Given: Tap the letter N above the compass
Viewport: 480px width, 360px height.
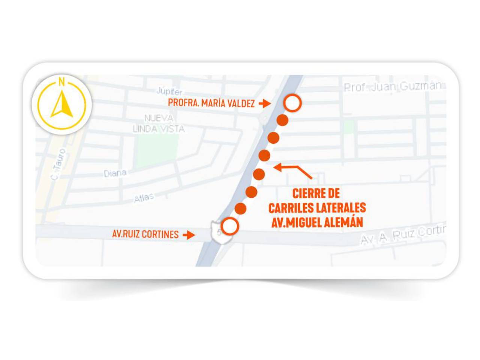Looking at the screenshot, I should point(61,82).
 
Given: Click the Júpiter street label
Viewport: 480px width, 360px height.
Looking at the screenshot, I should point(169,91).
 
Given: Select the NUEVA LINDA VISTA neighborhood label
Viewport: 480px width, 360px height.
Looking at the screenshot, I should point(159,124).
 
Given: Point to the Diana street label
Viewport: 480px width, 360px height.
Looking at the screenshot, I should point(115,173).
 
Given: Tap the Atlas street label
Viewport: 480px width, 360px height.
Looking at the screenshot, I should point(144,198).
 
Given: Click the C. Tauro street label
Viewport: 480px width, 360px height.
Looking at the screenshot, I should point(58,164).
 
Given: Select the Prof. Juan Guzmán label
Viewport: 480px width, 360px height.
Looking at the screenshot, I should point(393,87).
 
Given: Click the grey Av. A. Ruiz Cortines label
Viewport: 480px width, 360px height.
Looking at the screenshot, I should point(403,235).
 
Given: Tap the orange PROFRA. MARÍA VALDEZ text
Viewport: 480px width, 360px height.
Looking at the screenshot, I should point(211,103).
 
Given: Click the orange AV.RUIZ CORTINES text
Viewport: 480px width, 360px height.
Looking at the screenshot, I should point(145,234).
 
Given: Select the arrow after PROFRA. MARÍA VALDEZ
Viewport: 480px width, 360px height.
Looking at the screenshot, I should point(265,103).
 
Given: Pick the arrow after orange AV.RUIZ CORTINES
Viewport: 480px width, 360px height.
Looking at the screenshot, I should point(189,235).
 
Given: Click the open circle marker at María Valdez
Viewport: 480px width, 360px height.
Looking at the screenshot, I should point(292,103).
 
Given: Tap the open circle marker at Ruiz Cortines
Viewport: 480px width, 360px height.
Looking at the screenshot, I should point(229,226).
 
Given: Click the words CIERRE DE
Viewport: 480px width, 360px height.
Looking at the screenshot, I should point(316,193).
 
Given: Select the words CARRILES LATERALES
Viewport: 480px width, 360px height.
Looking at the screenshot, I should point(317,208).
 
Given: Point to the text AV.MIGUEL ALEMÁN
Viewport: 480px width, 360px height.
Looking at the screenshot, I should point(317,222).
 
